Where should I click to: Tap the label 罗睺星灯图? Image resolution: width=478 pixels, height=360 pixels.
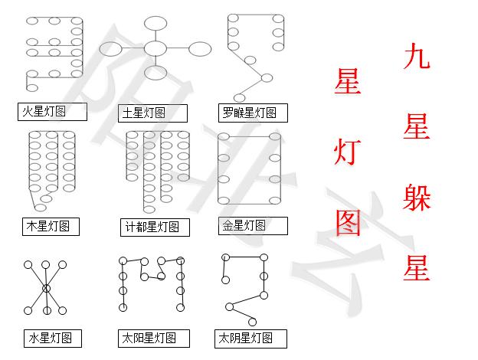pos(247,113)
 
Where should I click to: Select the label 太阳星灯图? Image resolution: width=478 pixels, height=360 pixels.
pos(153,338)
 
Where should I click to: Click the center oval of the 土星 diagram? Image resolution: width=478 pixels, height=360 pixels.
pos(155,48)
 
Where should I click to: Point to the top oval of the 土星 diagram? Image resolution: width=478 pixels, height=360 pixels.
pos(155,22)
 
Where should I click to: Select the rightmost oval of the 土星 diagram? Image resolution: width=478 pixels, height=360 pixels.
pos(199,48)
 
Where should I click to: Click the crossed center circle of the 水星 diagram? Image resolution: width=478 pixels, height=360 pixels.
pos(46,288)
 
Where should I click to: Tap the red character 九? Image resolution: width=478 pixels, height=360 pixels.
pos(416,57)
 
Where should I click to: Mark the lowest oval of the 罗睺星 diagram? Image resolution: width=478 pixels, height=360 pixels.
pos(239,97)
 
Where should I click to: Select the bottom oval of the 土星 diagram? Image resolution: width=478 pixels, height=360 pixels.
pos(155,73)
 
